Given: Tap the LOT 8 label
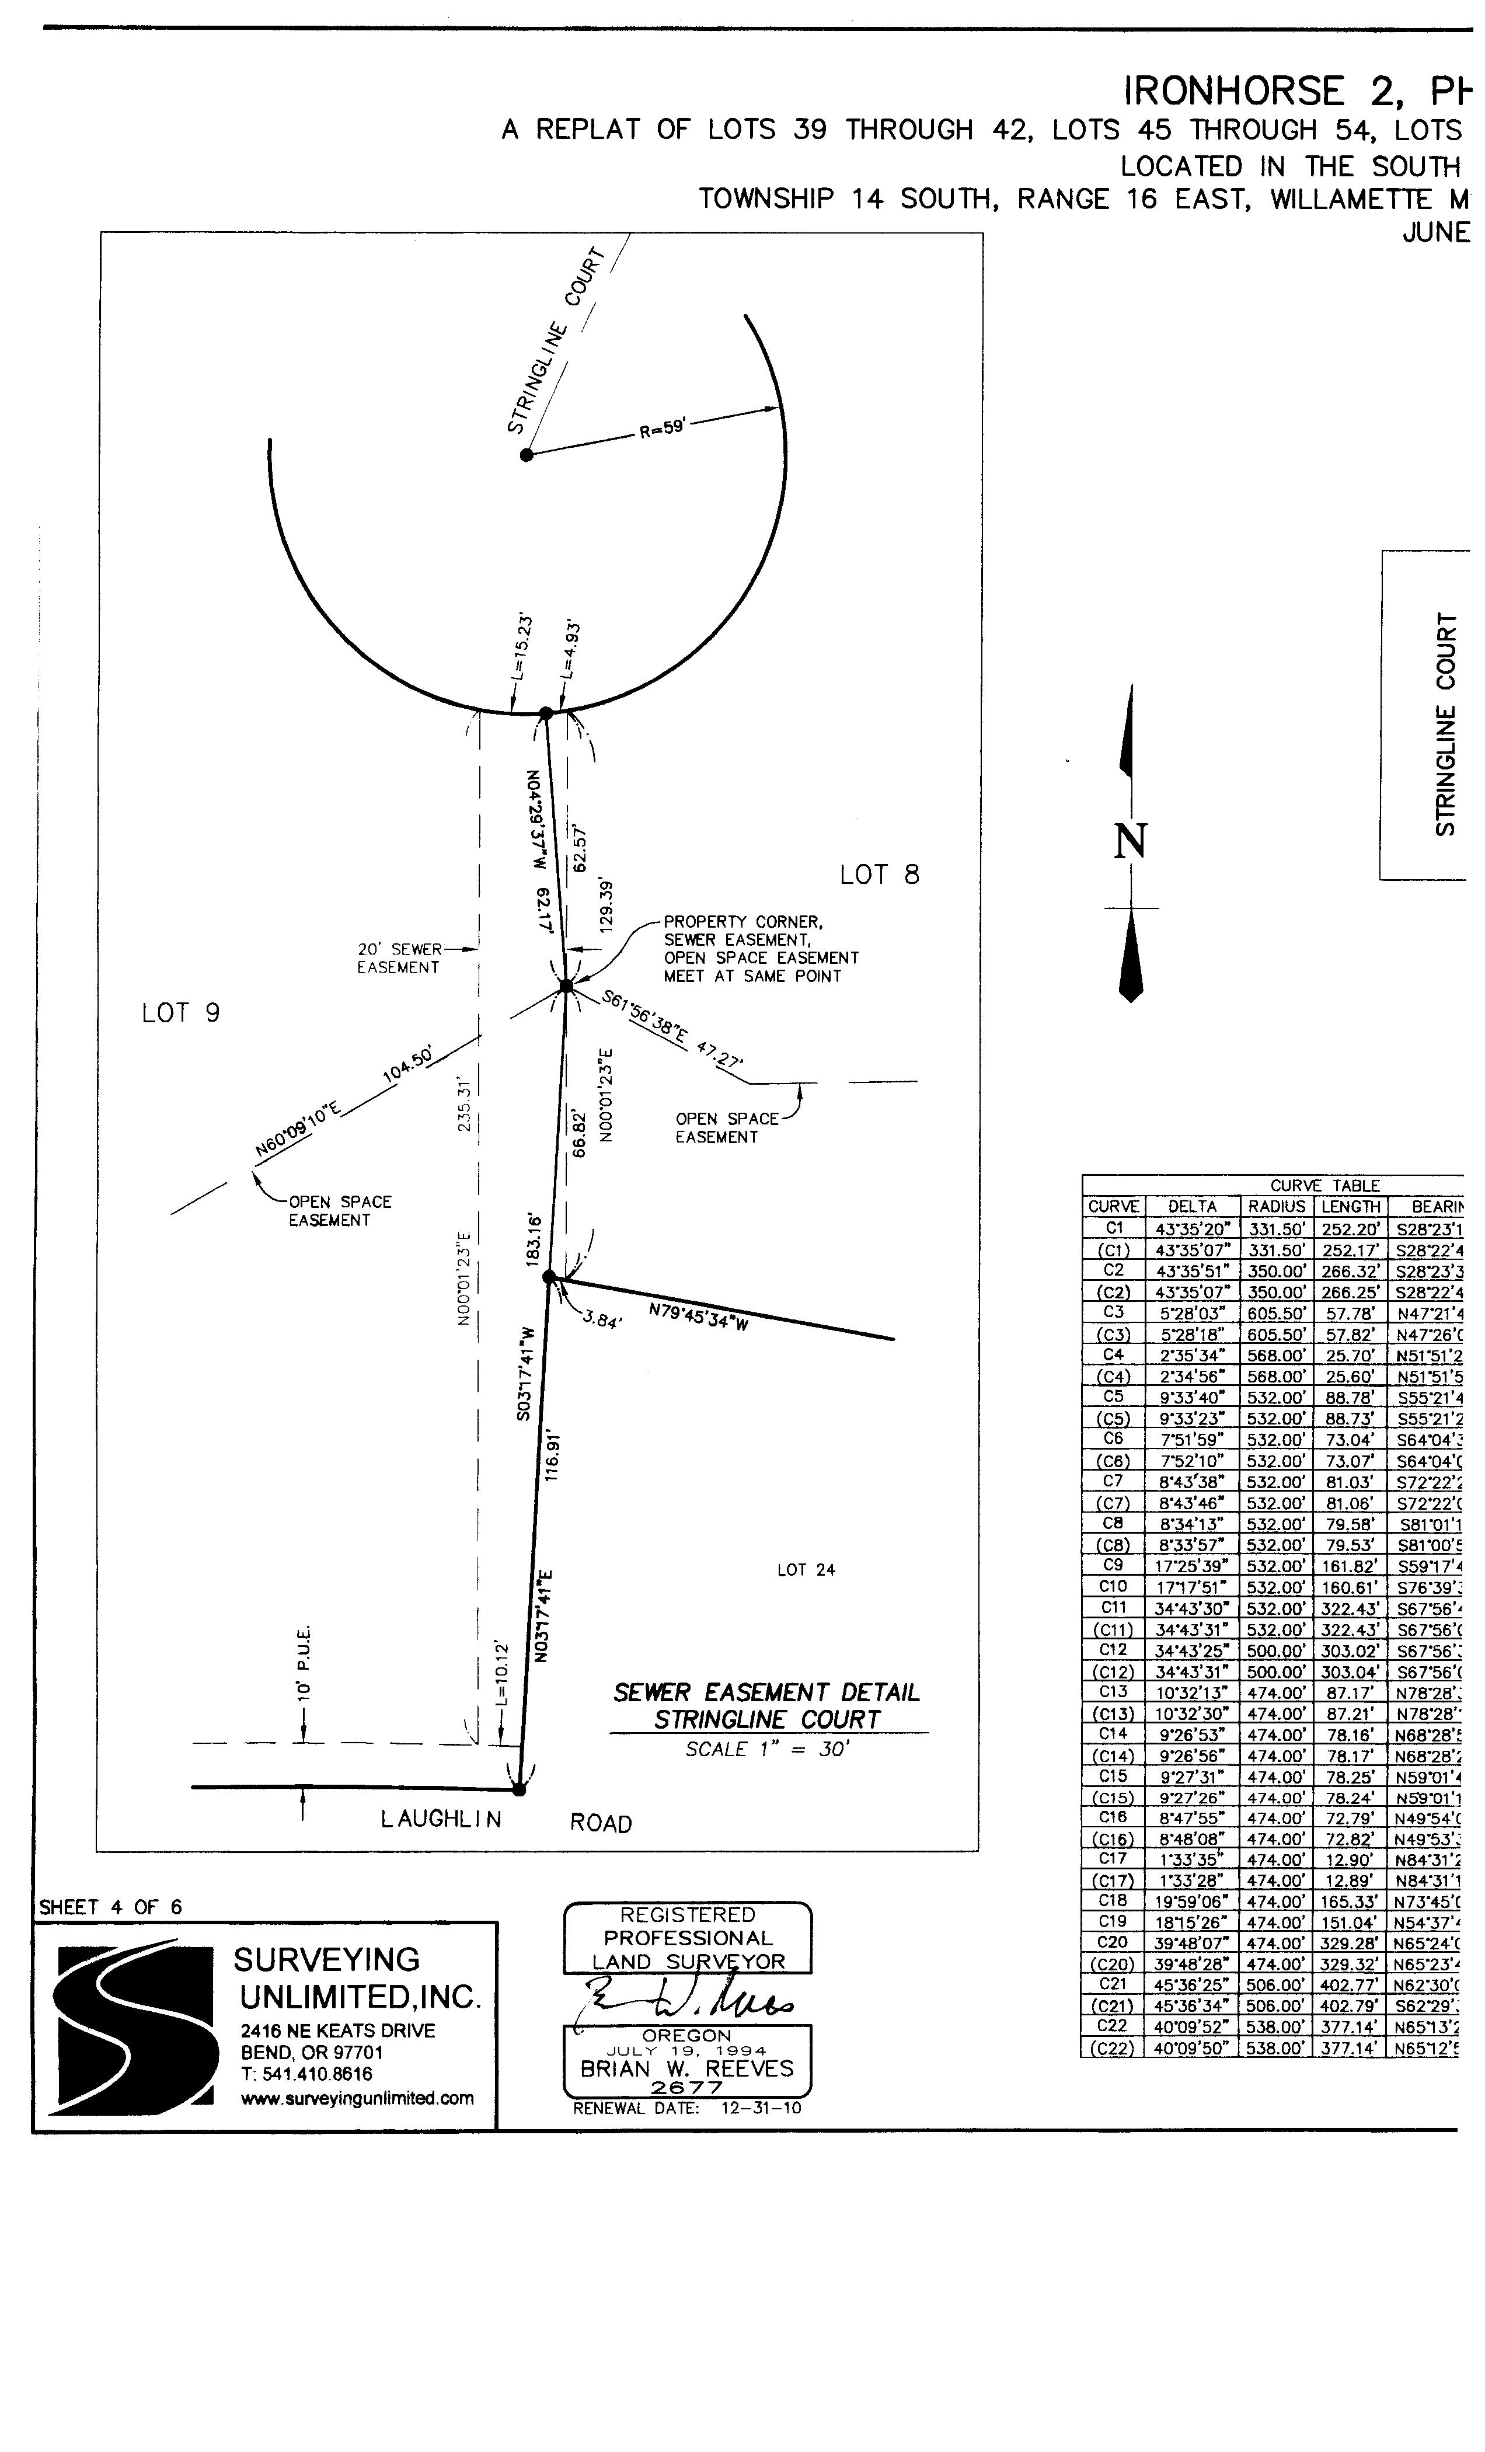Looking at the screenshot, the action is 879,875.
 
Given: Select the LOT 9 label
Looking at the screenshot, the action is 181,1013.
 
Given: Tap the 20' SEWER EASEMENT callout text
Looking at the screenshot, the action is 399,958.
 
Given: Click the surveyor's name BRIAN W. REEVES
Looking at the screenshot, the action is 687,2069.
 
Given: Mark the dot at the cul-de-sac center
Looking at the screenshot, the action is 527,455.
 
